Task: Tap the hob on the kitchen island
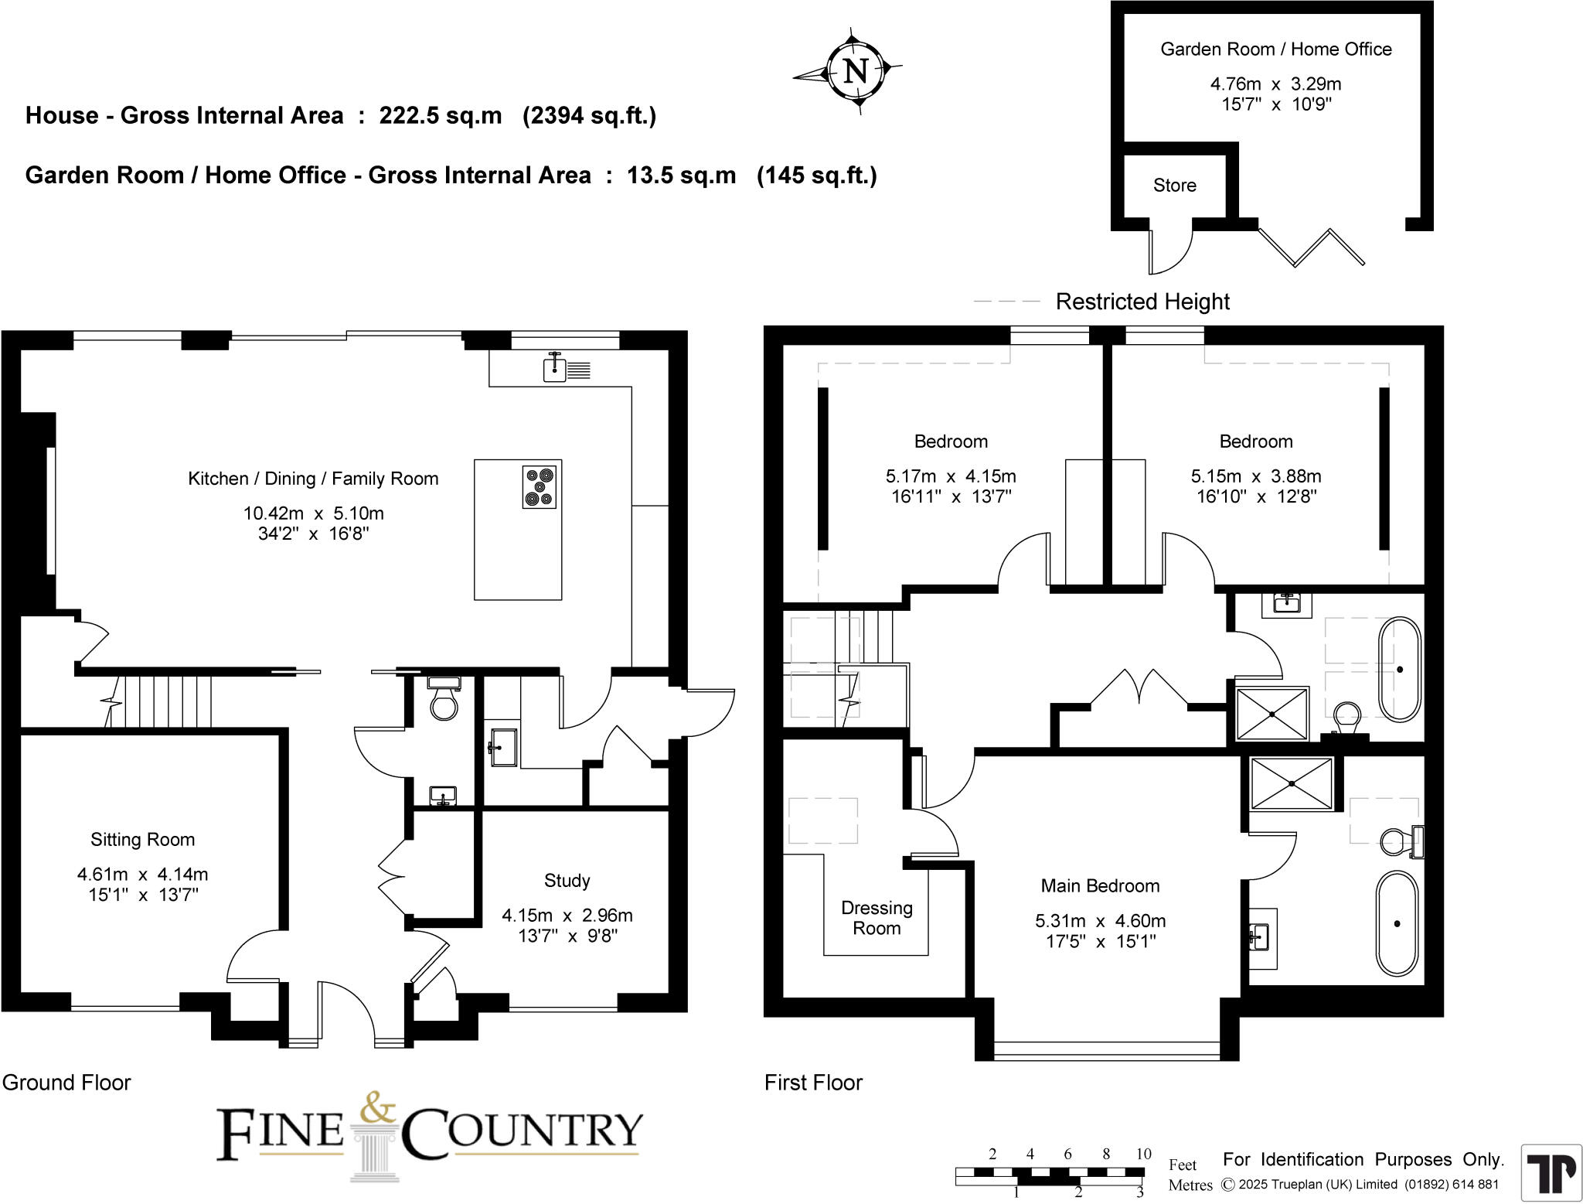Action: pyautogui.click(x=539, y=486)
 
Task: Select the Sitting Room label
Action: pyautogui.click(x=142, y=840)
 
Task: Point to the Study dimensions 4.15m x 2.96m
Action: pyautogui.click(x=567, y=916)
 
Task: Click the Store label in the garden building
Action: pyautogui.click(x=1174, y=186)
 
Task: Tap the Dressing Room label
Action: pyautogui.click(x=877, y=918)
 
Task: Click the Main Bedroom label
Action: pyautogui.click(x=1099, y=886)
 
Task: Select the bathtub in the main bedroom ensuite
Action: pyautogui.click(x=1397, y=923)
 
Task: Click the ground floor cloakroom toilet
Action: pyautogui.click(x=444, y=701)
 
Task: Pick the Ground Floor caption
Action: pyautogui.click(x=66, y=1083)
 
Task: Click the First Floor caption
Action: pyautogui.click(x=813, y=1083)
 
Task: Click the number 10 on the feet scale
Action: pyautogui.click(x=1143, y=1154)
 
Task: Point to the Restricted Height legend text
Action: pyautogui.click(x=1142, y=302)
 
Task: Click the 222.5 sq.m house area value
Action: pyautogui.click(x=440, y=116)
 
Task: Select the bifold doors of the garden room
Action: pyautogui.click(x=1312, y=246)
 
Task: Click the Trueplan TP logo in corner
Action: pyautogui.click(x=1551, y=1172)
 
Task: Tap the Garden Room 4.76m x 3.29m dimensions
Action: pyautogui.click(x=1275, y=84)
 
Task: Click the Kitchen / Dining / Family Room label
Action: pyautogui.click(x=313, y=479)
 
